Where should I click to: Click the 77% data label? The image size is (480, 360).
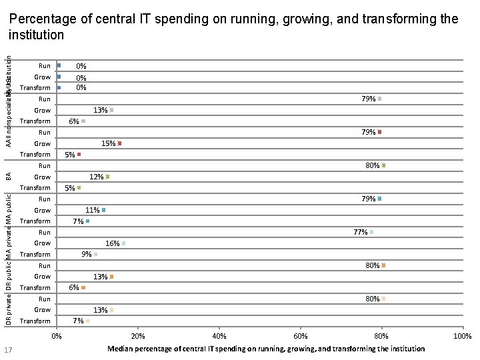coord(360,232)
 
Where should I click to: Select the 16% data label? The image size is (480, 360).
coord(112,243)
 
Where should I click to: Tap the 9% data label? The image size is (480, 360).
coord(86,254)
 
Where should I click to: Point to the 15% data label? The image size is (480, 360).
coord(107,143)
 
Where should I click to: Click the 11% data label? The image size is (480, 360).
coord(91,210)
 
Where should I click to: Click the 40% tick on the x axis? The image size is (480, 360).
coord(219,335)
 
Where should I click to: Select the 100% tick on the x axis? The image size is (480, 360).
coord(463,335)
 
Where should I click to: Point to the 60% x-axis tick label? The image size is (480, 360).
coord(301,335)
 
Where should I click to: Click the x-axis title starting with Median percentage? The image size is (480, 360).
coord(266,349)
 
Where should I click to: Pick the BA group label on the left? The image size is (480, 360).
coord(8,176)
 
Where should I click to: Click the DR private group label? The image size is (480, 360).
coord(8,310)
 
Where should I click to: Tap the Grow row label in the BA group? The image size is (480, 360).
coord(42,177)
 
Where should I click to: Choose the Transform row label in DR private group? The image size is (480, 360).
coord(35,321)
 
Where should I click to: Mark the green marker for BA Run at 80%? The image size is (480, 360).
coord(384,165)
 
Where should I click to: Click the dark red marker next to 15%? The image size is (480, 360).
coord(119,143)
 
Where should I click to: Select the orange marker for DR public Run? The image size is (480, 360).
coord(384,265)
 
